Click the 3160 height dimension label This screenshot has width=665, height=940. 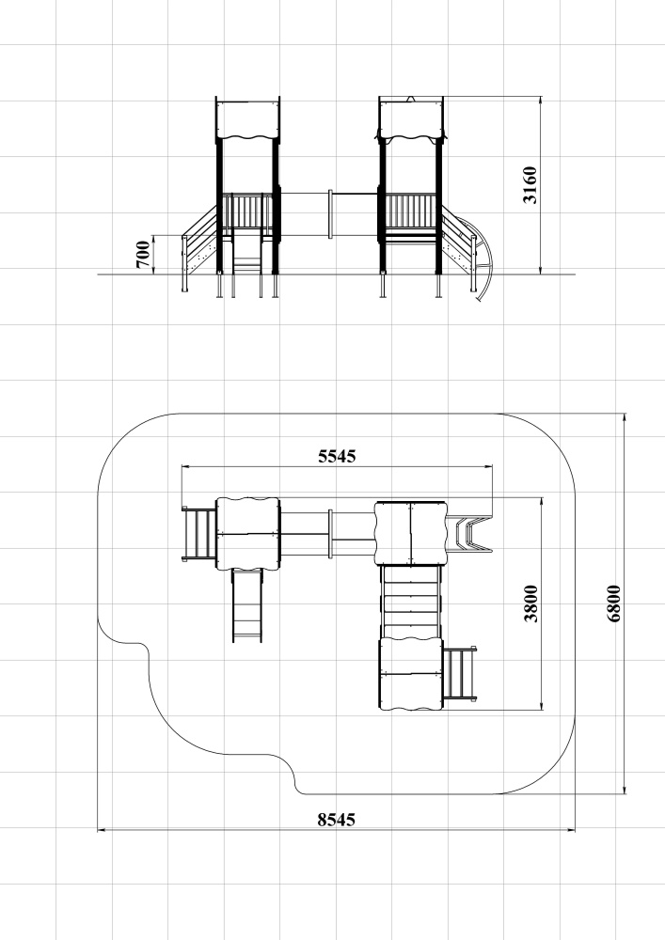(530, 185)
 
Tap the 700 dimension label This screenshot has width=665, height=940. (143, 254)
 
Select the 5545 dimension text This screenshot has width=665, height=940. (337, 456)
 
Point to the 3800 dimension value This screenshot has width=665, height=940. (531, 603)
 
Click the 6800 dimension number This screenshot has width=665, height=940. (614, 603)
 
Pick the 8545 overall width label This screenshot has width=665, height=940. (337, 820)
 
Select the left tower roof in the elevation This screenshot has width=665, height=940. (247, 120)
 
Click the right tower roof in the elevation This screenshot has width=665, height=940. (411, 120)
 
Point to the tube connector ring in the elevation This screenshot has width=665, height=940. (330, 214)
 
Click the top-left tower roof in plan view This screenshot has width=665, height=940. (247, 533)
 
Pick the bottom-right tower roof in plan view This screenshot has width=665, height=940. (411, 674)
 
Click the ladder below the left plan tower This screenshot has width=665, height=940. (247, 605)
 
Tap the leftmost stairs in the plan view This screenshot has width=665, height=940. (199, 534)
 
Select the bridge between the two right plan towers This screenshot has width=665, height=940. (411, 602)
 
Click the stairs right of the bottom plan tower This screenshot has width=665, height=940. (460, 673)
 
